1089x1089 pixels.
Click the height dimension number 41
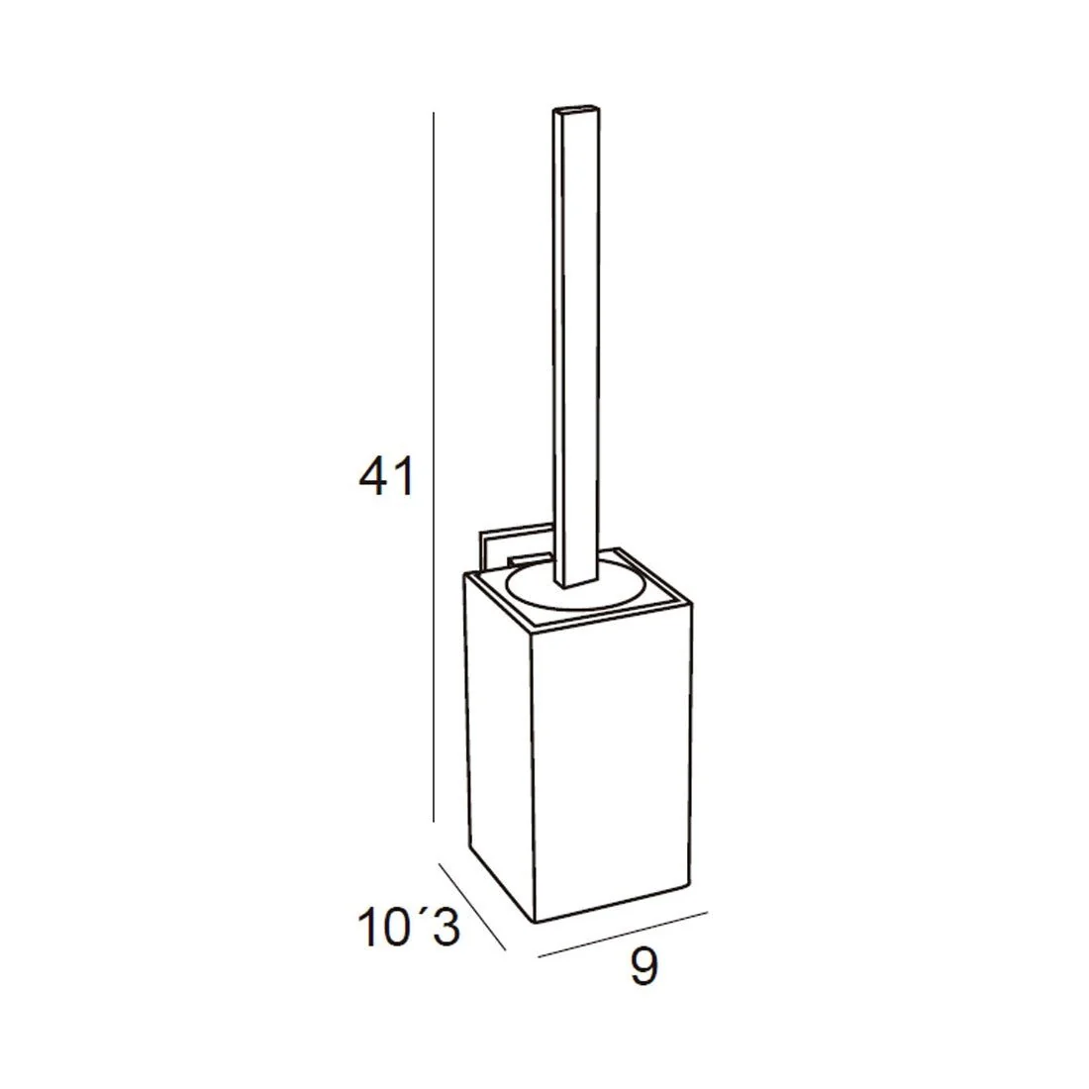click(x=386, y=476)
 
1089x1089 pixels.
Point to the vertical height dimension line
click(x=434, y=466)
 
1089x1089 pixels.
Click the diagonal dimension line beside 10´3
click(x=472, y=906)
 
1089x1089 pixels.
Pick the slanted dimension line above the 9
click(x=623, y=935)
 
